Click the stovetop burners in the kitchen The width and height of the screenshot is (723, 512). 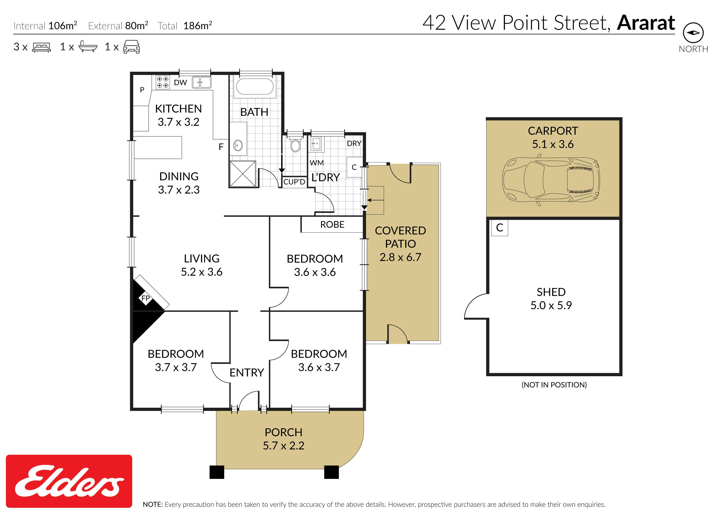pyautogui.click(x=163, y=82)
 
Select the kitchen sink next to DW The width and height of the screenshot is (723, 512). pyautogui.click(x=201, y=82)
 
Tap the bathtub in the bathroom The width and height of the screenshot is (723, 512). pyautogui.click(x=255, y=86)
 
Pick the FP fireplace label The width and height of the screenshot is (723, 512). pyautogui.click(x=146, y=298)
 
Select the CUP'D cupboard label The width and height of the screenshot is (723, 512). pyautogui.click(x=294, y=182)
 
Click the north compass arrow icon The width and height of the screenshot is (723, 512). pyautogui.click(x=693, y=33)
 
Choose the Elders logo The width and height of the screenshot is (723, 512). pyautogui.click(x=69, y=481)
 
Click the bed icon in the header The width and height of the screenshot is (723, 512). pyautogui.click(x=41, y=47)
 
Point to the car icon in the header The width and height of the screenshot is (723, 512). pyautogui.click(x=131, y=47)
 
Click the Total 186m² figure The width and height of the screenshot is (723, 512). pyautogui.click(x=185, y=26)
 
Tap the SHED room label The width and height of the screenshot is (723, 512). pyautogui.click(x=551, y=292)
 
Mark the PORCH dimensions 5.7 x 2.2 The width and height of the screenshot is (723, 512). pyautogui.click(x=284, y=445)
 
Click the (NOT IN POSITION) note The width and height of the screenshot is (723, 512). pyautogui.click(x=554, y=385)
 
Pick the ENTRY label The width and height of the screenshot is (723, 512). pyautogui.click(x=247, y=373)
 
